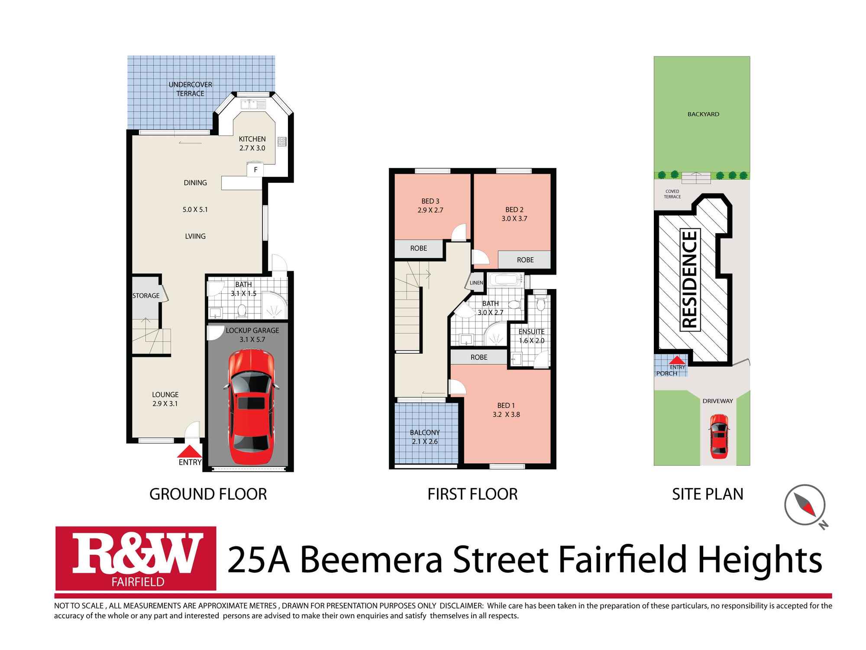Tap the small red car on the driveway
point(719,436)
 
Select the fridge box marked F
point(255,170)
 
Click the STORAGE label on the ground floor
point(146,296)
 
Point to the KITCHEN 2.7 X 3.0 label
point(252,143)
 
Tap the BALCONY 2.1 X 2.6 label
point(425,437)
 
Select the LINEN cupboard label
point(476,283)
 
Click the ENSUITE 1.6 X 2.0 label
point(531,336)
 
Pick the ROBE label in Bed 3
point(418,248)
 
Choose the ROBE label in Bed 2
point(525,260)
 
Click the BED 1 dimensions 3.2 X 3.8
point(506,415)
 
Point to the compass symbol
point(805,505)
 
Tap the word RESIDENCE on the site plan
point(690,279)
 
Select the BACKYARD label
point(703,114)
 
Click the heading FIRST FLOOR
point(472,494)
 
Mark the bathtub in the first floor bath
point(505,280)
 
